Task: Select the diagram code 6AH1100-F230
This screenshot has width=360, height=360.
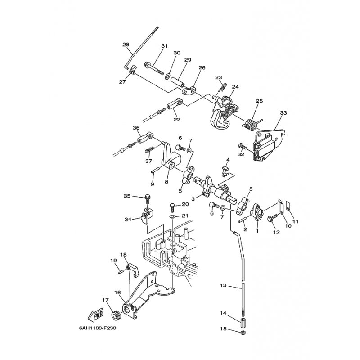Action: (97, 328)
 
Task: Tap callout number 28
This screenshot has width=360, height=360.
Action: (126, 45)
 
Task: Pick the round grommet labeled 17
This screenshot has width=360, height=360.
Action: (116, 315)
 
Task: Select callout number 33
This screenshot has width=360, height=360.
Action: (283, 113)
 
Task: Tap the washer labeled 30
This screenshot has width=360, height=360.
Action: (167, 76)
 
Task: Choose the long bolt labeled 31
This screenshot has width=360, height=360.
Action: (154, 68)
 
